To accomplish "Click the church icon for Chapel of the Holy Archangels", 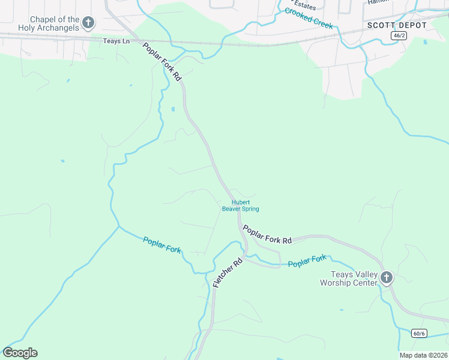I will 88,23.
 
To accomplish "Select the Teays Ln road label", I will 117,40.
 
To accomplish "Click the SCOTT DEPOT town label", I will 397,25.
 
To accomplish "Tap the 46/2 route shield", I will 398,36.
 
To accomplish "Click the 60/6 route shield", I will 419,333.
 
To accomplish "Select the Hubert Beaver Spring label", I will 240,206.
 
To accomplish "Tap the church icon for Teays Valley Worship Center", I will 387,277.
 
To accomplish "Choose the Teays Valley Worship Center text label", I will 348,278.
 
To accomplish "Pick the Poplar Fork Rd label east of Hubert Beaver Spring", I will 267,233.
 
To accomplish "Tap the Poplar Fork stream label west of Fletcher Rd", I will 162,245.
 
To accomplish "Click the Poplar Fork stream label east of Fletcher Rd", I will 307,261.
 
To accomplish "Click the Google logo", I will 20,353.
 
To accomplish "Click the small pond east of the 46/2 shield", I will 425,42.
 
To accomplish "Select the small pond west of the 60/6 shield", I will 342,310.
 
